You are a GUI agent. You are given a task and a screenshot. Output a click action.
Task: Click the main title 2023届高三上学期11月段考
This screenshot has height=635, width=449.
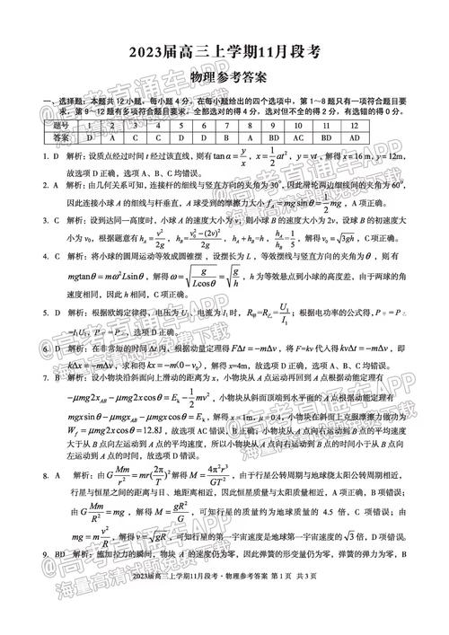coord(224,52)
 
